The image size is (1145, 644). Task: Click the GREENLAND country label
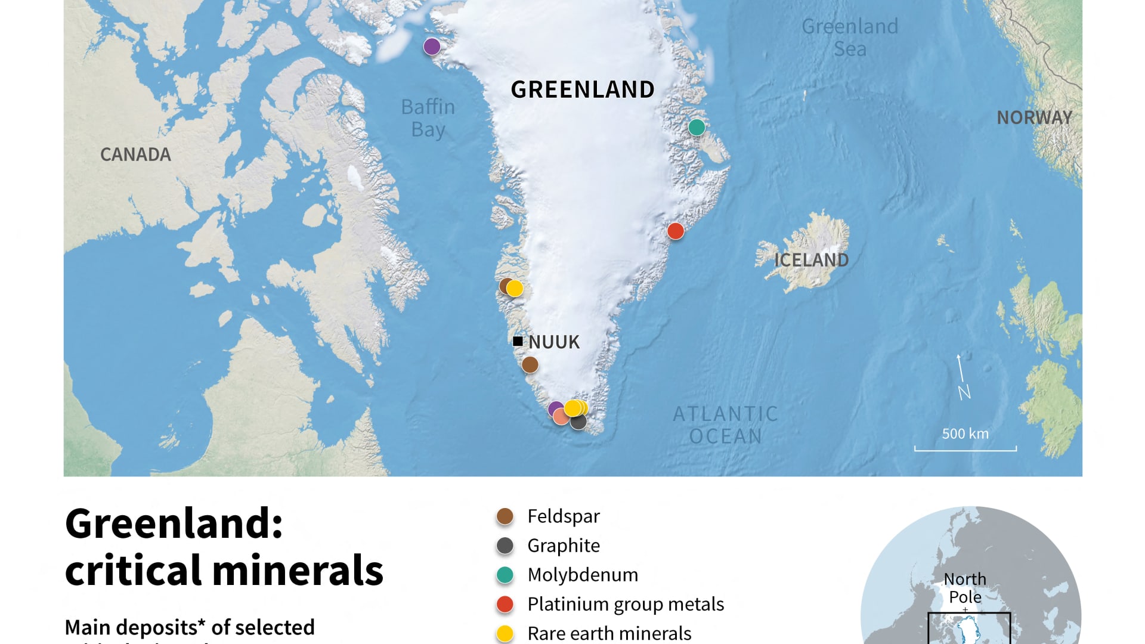[583, 89]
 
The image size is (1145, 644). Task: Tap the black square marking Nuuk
[518, 341]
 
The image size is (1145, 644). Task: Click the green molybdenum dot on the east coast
[697, 127]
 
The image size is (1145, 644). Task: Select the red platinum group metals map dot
[675, 231]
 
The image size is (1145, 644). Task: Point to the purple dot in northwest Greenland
[432, 46]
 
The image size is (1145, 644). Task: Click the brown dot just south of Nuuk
[530, 364]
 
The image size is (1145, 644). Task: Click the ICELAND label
[811, 260]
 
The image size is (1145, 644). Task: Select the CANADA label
[135, 154]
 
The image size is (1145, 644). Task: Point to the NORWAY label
[1034, 117]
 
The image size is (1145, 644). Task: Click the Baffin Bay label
[428, 118]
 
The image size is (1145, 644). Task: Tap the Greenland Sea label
[849, 38]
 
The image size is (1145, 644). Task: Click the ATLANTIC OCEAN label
[725, 425]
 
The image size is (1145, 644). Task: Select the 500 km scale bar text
[965, 434]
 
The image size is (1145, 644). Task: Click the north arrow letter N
[964, 392]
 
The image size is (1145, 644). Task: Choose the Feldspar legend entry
[563, 516]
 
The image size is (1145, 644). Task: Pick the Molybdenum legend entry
[582, 574]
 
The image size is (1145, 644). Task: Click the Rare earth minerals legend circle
[505, 633]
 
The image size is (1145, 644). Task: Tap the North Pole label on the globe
[965, 587]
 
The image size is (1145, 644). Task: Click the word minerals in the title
[298, 570]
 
